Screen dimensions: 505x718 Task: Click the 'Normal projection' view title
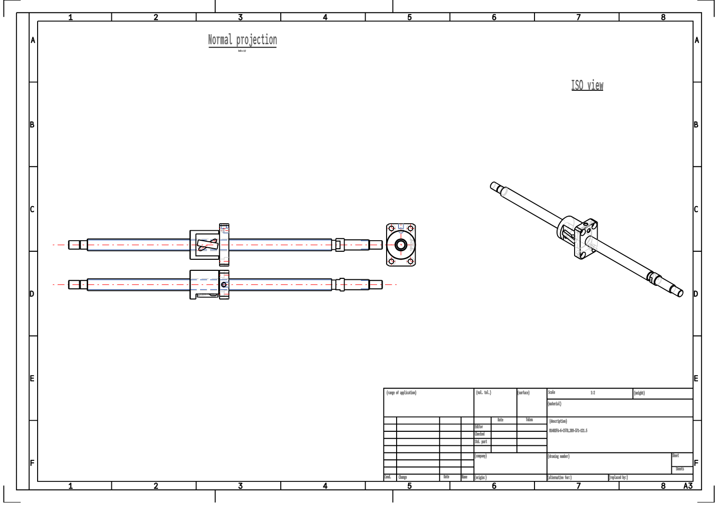(242, 40)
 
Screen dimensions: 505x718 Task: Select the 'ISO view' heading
(587, 85)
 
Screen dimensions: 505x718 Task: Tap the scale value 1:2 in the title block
(593, 393)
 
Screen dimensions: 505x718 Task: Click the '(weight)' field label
(639, 393)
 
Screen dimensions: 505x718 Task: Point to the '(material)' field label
(555, 404)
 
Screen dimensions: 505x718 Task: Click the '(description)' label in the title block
(558, 421)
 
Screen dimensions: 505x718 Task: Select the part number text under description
(568, 430)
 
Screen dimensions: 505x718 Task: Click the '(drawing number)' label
(559, 456)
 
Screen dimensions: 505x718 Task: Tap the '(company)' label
(481, 456)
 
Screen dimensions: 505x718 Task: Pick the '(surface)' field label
(523, 393)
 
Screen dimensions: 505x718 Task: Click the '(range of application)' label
(401, 393)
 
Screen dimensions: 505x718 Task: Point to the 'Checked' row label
(480, 434)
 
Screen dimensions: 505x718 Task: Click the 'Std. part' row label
(481, 442)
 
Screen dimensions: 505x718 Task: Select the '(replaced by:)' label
(618, 477)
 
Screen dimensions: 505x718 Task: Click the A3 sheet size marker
(687, 485)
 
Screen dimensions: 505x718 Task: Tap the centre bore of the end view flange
(401, 245)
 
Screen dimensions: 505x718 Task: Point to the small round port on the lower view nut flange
(224, 285)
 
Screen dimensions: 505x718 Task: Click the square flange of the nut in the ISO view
(586, 240)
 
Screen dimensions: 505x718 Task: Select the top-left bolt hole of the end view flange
(392, 229)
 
